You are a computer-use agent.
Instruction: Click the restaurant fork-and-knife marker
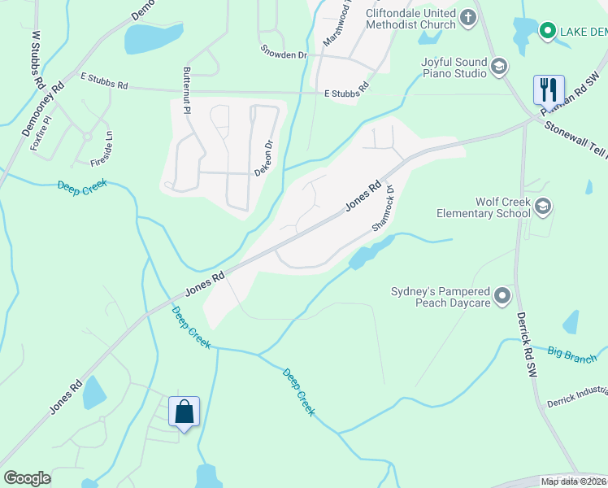click(x=549, y=89)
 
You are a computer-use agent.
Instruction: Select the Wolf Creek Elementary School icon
click(x=542, y=207)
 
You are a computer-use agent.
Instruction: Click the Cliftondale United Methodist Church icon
click(x=467, y=17)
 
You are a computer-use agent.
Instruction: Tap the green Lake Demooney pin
click(x=548, y=31)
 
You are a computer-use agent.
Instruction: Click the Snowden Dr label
click(x=284, y=55)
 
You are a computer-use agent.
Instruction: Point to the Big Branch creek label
click(x=571, y=355)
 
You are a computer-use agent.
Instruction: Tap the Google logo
click(x=27, y=478)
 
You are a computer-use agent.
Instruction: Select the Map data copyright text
click(x=573, y=481)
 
